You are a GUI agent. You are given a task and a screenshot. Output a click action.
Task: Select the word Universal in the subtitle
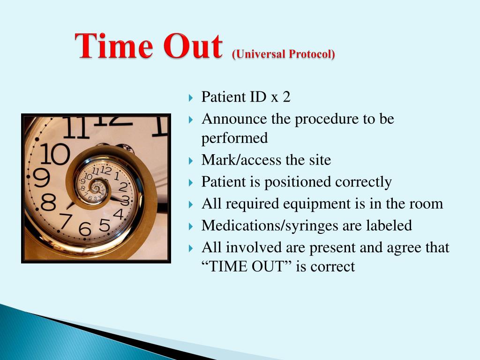(260, 54)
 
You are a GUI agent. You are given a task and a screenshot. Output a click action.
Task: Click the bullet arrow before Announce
(190, 120)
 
